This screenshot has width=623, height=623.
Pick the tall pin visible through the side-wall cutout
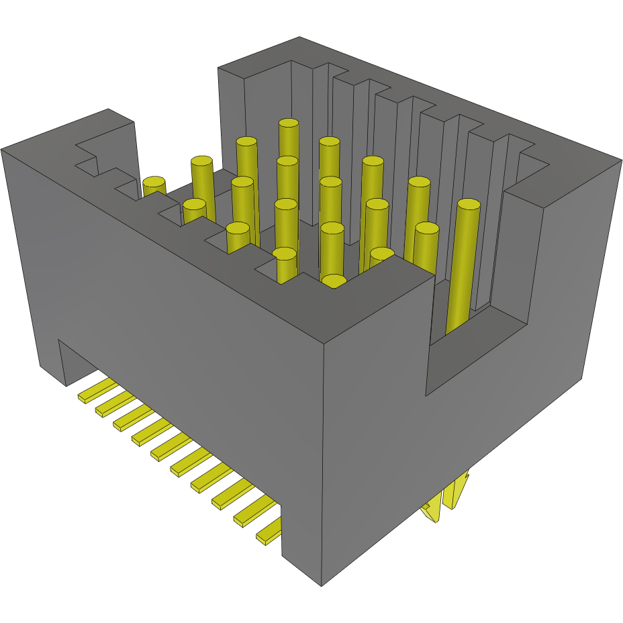(x=463, y=269)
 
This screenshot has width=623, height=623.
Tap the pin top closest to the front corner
(x=334, y=281)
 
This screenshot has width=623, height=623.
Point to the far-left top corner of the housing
(x=3, y=149)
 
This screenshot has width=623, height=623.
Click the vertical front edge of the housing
(x=324, y=463)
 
